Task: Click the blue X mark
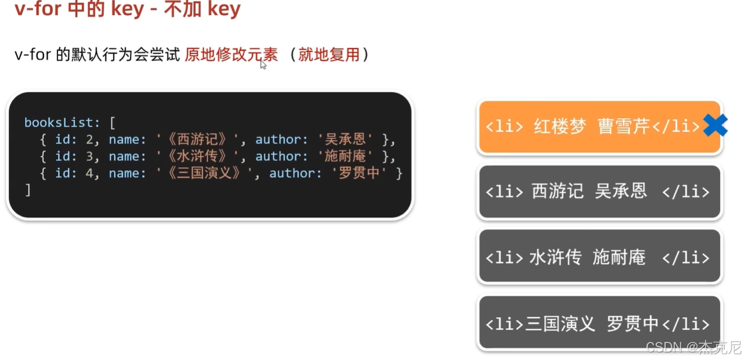tap(715, 125)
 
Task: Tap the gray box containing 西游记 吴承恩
tap(599, 192)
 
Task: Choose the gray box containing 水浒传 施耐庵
tap(599, 257)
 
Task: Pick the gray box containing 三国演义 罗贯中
tap(599, 323)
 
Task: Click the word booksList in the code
tap(58, 123)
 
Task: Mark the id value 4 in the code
tap(89, 173)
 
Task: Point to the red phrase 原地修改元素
tap(231, 55)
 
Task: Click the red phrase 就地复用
tap(329, 55)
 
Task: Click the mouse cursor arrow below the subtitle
tap(263, 64)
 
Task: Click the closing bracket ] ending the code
tap(27, 190)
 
